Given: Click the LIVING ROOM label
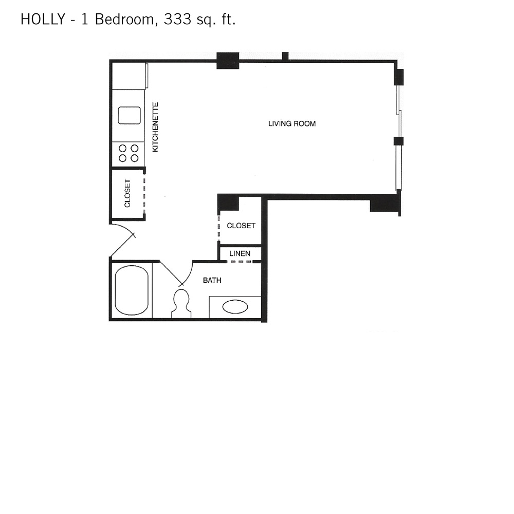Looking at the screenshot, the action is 292,123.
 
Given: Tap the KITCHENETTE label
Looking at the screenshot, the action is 155,127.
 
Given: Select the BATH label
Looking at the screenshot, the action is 212,280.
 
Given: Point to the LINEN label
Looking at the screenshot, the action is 240,253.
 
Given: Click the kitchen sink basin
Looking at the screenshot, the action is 129,115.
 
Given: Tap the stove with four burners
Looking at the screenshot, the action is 128,154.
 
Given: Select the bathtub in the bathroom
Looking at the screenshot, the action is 132,290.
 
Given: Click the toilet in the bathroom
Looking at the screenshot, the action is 181,304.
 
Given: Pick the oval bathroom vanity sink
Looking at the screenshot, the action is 235,307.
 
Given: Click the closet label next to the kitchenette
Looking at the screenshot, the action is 127,193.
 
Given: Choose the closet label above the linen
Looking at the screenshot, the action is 241,226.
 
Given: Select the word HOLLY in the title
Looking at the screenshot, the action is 43,20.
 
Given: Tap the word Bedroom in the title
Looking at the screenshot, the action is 124,20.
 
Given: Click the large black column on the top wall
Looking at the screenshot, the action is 228,61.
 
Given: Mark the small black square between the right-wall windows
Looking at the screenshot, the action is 398,141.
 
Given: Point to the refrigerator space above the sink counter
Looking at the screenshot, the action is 128,76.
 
